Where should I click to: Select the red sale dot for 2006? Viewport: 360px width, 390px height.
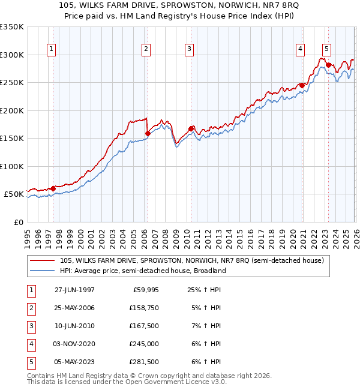coord(148,133)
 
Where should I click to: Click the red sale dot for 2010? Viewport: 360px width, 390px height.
coord(191,128)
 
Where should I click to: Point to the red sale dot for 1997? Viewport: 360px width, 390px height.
coord(53,188)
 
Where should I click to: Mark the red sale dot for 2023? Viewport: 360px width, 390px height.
coord(328,65)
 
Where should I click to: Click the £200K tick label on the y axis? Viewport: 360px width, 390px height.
coord(11,110)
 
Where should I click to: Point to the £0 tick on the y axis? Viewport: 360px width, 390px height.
coord(19,222)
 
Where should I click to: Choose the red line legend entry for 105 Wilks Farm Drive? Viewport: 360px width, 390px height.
coord(192,260)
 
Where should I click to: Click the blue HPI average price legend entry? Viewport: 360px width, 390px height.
coord(142,271)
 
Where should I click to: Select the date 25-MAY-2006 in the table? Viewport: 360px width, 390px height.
coord(74,307)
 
